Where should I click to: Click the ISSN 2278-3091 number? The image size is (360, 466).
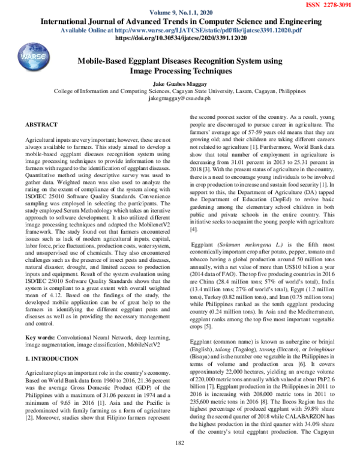coord(334,5)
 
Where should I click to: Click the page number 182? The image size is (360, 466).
coord(179,460)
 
